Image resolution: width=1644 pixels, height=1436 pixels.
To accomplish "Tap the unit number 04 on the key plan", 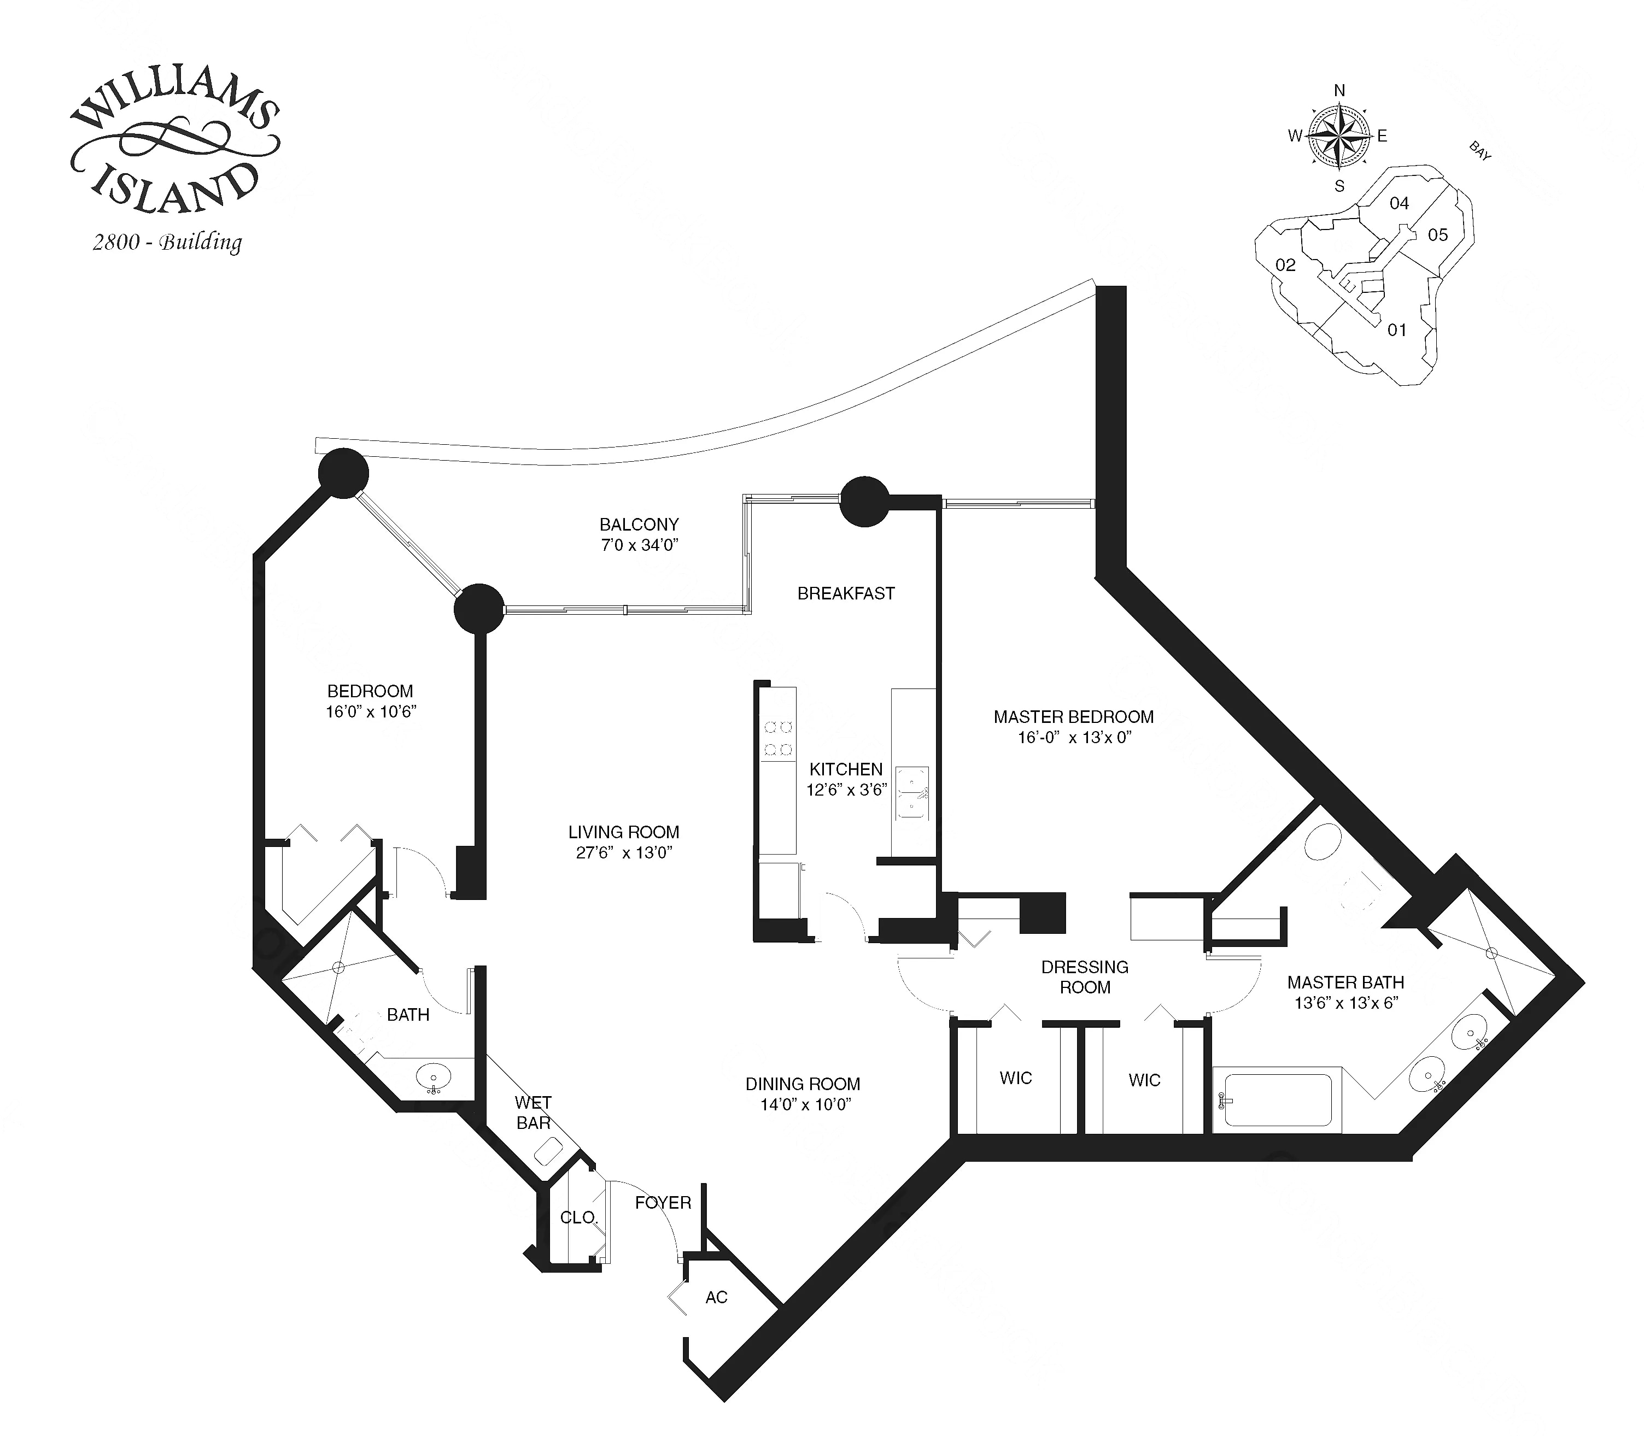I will (x=1399, y=203).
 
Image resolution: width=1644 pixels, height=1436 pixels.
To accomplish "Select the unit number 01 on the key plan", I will (x=1396, y=330).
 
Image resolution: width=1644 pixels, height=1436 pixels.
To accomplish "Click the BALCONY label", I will (x=639, y=525).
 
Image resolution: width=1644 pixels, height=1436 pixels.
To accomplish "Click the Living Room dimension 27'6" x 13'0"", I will (x=624, y=852).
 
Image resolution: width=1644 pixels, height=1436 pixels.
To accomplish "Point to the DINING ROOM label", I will (x=803, y=1084).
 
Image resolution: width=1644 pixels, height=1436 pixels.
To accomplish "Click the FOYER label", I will (x=663, y=1203).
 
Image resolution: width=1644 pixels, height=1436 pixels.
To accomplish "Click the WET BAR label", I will (x=533, y=1113).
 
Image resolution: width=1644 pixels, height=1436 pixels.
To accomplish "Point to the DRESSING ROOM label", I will (x=1085, y=978).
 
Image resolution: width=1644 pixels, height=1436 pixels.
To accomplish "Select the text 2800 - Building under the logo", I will (x=167, y=242).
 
